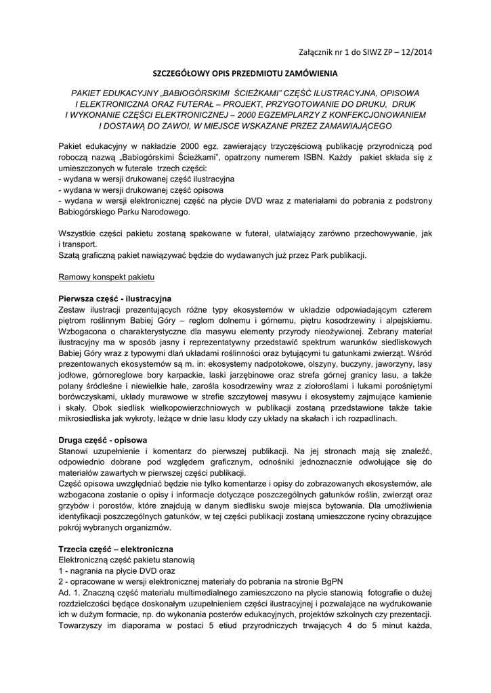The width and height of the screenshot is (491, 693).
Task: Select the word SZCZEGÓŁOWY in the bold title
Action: [x=185, y=72]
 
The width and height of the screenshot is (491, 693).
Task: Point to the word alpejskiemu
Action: [x=407, y=320]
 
